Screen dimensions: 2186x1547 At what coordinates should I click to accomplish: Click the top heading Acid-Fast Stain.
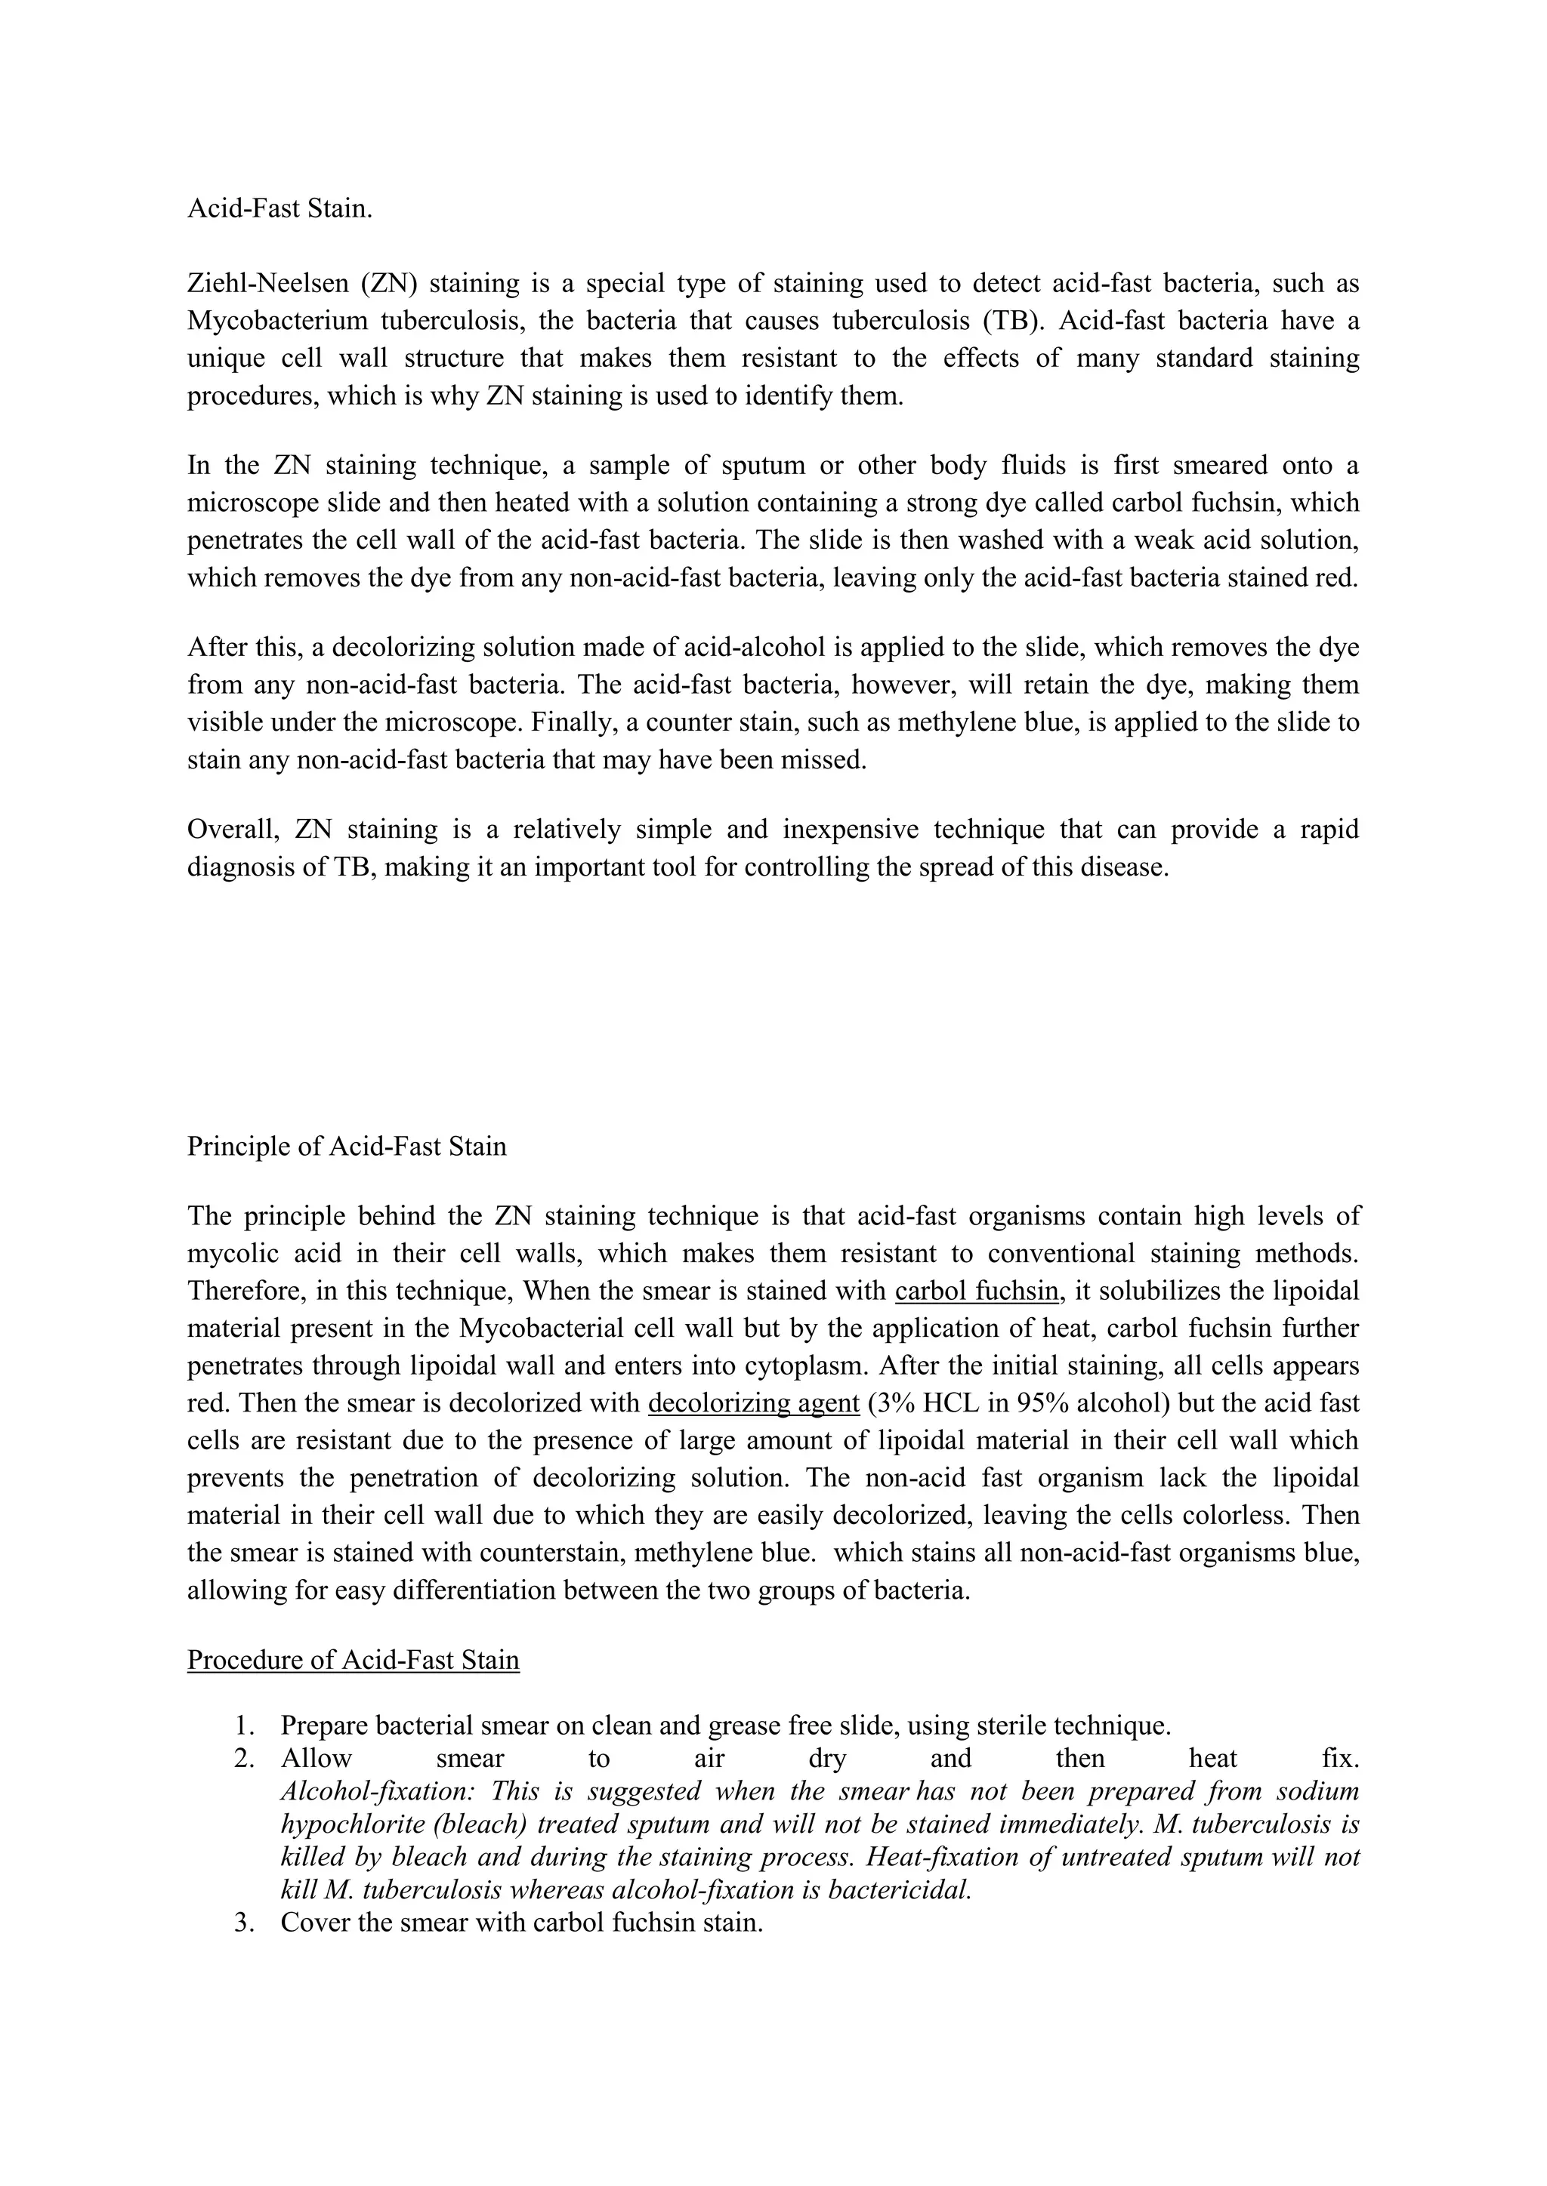tap(279, 208)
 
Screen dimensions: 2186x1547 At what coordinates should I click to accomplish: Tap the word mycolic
tap(233, 1254)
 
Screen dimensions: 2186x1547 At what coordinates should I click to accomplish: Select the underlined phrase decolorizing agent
tap(754, 1403)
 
